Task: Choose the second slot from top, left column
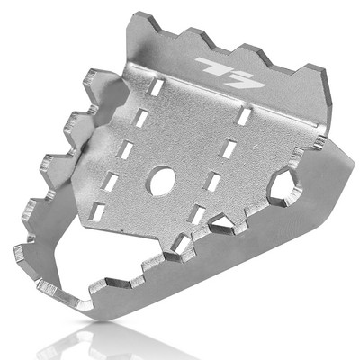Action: [142, 119]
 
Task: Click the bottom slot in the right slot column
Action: [197, 216]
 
